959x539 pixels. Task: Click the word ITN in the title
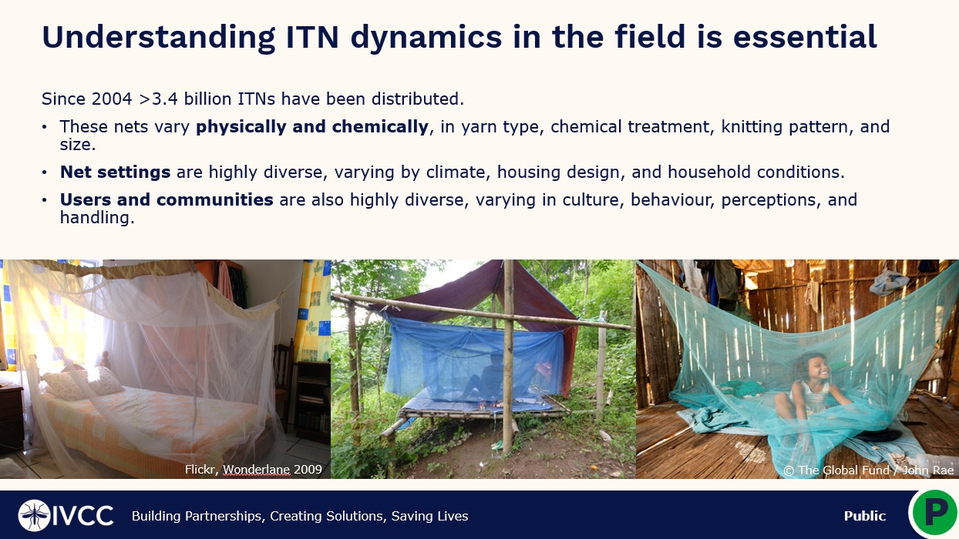312,37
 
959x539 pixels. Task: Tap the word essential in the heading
805,37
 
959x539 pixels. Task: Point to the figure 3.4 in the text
164,99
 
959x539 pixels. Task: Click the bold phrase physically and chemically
312,126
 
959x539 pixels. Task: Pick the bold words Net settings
115,172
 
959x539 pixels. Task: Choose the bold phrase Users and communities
167,199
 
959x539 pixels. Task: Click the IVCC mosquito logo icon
34,515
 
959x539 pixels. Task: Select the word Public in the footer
865,516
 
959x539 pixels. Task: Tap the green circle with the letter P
935,513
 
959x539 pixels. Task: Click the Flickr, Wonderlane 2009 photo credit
254,470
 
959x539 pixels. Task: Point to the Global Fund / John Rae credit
869,470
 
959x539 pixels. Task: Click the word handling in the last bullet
97,218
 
